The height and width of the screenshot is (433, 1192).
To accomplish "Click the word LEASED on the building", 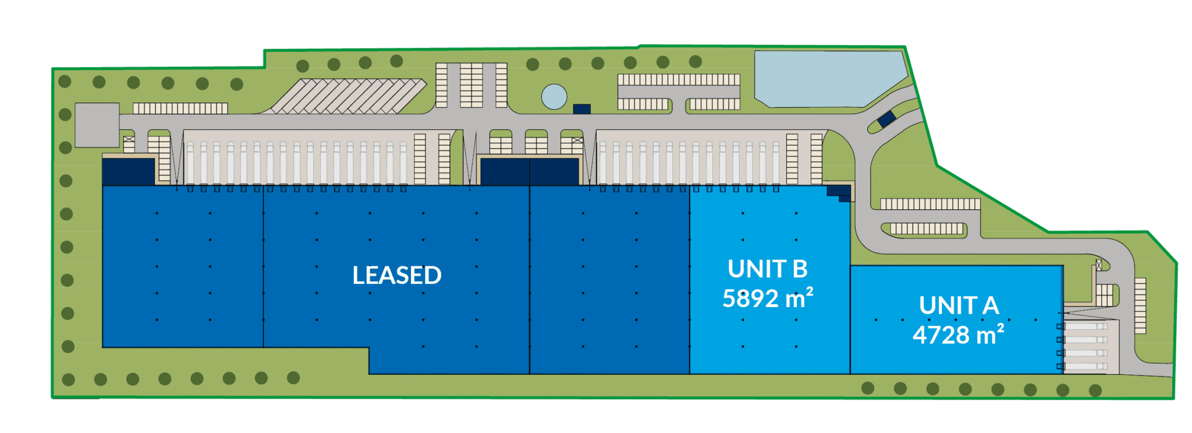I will pyautogui.click(x=397, y=275).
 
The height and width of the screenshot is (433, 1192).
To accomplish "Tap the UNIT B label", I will pyautogui.click(x=768, y=269).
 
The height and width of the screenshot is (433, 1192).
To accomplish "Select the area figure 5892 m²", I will pyautogui.click(x=767, y=298).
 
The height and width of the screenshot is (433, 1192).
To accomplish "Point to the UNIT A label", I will pyautogui.click(x=959, y=305).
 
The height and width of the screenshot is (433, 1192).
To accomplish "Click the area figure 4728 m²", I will pyautogui.click(x=958, y=335).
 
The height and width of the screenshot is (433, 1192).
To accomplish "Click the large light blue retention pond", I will pyautogui.click(x=826, y=79).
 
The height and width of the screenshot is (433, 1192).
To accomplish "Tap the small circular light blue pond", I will pyautogui.click(x=554, y=97).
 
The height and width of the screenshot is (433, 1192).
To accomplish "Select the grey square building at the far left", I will pyautogui.click(x=97, y=125).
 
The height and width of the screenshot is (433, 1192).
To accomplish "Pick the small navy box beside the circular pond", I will pyautogui.click(x=582, y=109).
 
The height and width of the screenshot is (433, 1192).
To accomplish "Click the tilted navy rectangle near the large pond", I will pyautogui.click(x=886, y=119).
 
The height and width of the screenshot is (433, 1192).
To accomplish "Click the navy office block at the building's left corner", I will pyautogui.click(x=129, y=171).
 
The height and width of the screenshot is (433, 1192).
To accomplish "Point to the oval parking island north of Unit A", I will pyautogui.click(x=924, y=229).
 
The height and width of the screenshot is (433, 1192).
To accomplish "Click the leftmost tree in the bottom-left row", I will pyautogui.click(x=68, y=380).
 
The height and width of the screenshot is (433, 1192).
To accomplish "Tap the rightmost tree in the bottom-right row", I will pyautogui.click(x=1095, y=390).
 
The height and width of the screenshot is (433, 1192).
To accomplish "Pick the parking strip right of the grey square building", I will pyautogui.click(x=180, y=108).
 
